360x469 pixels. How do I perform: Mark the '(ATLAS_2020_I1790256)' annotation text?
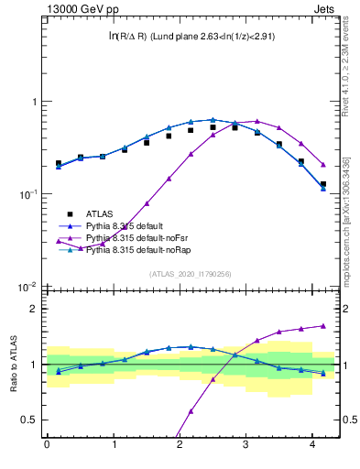[191, 274]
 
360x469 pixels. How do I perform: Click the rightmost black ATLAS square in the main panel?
[323, 184]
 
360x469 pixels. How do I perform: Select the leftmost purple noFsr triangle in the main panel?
[59, 241]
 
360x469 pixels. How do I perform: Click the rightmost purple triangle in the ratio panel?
[323, 325]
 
